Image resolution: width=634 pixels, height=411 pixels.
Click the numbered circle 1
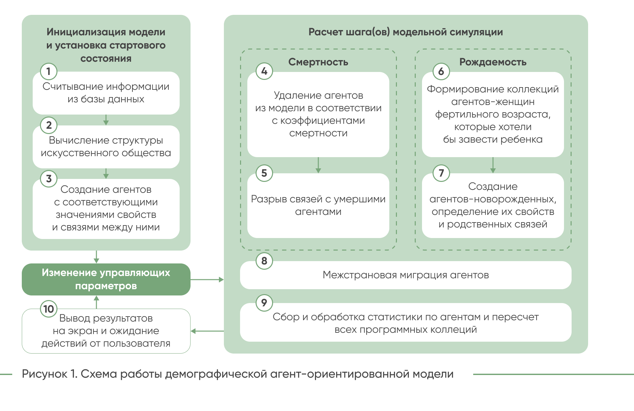point(49,71)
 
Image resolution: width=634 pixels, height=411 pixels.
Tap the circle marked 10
point(49,309)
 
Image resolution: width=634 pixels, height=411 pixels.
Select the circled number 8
point(264,261)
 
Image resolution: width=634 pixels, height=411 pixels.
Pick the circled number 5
point(264,173)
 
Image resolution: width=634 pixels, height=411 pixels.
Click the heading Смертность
point(318,62)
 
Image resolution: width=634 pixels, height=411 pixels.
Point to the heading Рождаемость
point(493,62)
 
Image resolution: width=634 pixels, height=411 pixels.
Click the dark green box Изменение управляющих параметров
point(106,279)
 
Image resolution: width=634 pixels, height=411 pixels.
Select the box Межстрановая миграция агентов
point(405,275)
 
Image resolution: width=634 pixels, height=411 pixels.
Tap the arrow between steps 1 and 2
point(106,120)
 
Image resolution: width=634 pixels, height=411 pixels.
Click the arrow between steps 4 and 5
point(318,165)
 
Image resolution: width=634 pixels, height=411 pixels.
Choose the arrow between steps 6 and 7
point(493,165)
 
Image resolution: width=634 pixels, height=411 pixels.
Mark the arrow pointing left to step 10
point(207,331)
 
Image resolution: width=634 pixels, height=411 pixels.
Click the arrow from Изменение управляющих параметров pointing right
point(207,280)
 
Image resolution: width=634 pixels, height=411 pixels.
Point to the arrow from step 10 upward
point(96,302)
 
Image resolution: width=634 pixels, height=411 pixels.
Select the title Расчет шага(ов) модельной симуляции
point(405,32)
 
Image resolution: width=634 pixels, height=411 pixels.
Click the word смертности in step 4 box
point(318,133)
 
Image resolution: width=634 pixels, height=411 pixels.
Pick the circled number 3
point(49,179)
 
